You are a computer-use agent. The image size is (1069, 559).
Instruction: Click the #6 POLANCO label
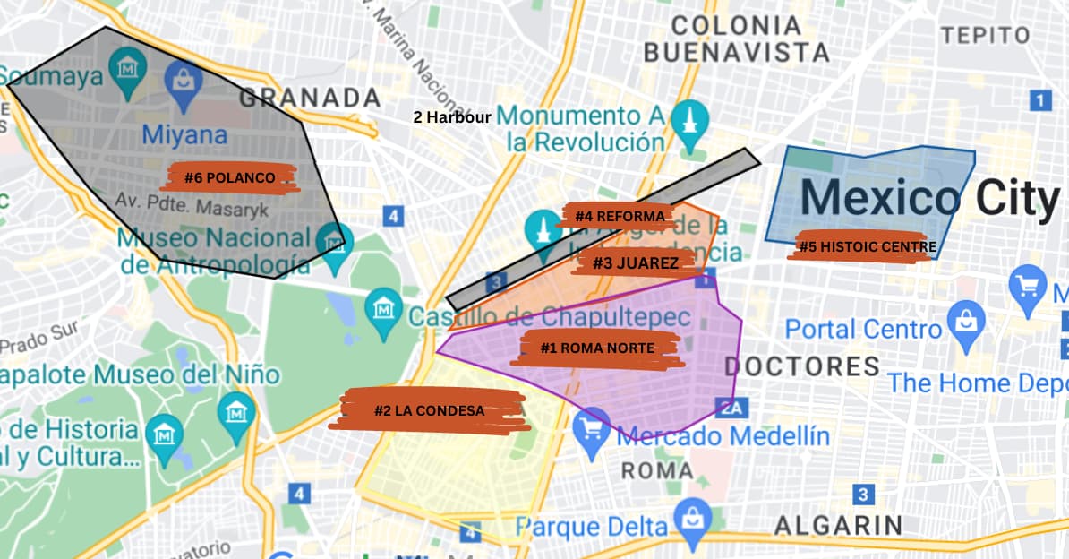pos(230,177)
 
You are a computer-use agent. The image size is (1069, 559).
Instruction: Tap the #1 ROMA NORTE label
pos(597,348)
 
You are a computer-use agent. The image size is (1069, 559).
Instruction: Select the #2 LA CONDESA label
pos(429,411)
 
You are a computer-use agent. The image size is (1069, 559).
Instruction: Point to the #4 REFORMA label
pos(620,216)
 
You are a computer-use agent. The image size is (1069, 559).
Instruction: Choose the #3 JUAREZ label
pos(635,262)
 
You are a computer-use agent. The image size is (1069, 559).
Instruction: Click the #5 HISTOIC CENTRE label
pos(867,246)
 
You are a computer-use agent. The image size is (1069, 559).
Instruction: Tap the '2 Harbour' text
pos(451,116)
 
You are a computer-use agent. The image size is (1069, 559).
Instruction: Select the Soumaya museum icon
pos(127,64)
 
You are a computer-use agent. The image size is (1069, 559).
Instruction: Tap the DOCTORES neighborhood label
pos(802,365)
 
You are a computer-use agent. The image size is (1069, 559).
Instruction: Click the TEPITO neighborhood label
pos(986,35)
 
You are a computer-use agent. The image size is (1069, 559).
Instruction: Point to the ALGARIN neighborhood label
pos(838,525)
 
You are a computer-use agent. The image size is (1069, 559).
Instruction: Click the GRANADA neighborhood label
pos(310,98)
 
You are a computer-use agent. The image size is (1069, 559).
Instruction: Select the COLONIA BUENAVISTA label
pos(736,39)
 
